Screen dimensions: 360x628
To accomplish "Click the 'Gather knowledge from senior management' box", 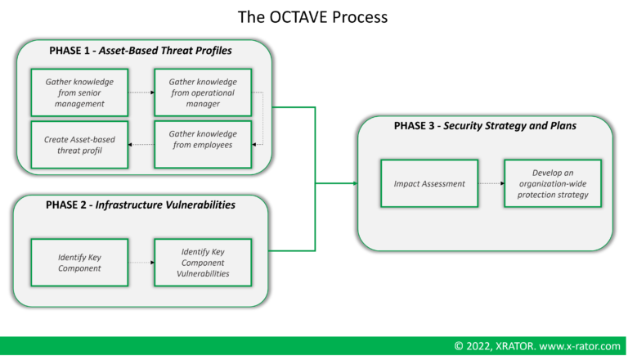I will (x=79, y=92).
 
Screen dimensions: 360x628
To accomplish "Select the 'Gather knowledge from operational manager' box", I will (x=202, y=92).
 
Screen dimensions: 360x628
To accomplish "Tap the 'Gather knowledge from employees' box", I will (x=202, y=144).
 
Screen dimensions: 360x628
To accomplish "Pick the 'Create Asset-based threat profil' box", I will (x=79, y=144).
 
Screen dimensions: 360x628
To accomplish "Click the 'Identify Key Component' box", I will (x=79, y=262).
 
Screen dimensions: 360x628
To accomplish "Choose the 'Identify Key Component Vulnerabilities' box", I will (x=202, y=262).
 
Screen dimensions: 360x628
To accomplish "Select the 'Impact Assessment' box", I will (x=429, y=184).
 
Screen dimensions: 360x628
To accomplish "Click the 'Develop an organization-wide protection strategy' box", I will (x=552, y=184).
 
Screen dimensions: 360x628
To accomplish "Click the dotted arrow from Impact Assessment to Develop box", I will (x=491, y=184).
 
